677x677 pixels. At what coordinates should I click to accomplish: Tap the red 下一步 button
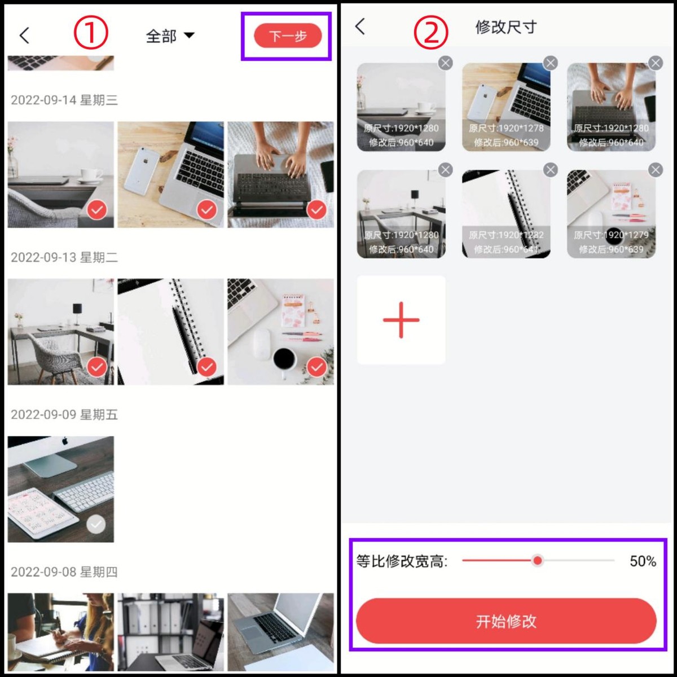288,36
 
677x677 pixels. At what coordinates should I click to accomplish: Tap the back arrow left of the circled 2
361,26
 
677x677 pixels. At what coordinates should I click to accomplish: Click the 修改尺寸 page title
505,27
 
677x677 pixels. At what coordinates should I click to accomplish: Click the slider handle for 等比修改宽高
538,560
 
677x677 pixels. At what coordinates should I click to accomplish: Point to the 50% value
643,561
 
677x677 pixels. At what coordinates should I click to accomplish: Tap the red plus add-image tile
401,320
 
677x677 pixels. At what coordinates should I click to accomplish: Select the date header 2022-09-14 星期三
64,100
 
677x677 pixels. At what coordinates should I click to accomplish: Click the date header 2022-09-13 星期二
64,258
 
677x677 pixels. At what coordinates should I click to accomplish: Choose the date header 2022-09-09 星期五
64,415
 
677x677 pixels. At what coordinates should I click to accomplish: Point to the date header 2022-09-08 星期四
64,572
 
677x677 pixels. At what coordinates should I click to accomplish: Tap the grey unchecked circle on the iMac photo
96,525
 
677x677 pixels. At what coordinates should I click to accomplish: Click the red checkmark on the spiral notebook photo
207,367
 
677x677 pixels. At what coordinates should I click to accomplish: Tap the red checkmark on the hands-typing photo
316,210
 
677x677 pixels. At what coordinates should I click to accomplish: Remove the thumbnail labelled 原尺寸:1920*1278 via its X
550,63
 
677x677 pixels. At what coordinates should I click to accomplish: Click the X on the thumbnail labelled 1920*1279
655,170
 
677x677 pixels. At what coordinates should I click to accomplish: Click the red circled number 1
90,33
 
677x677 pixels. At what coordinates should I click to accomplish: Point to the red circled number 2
430,32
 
